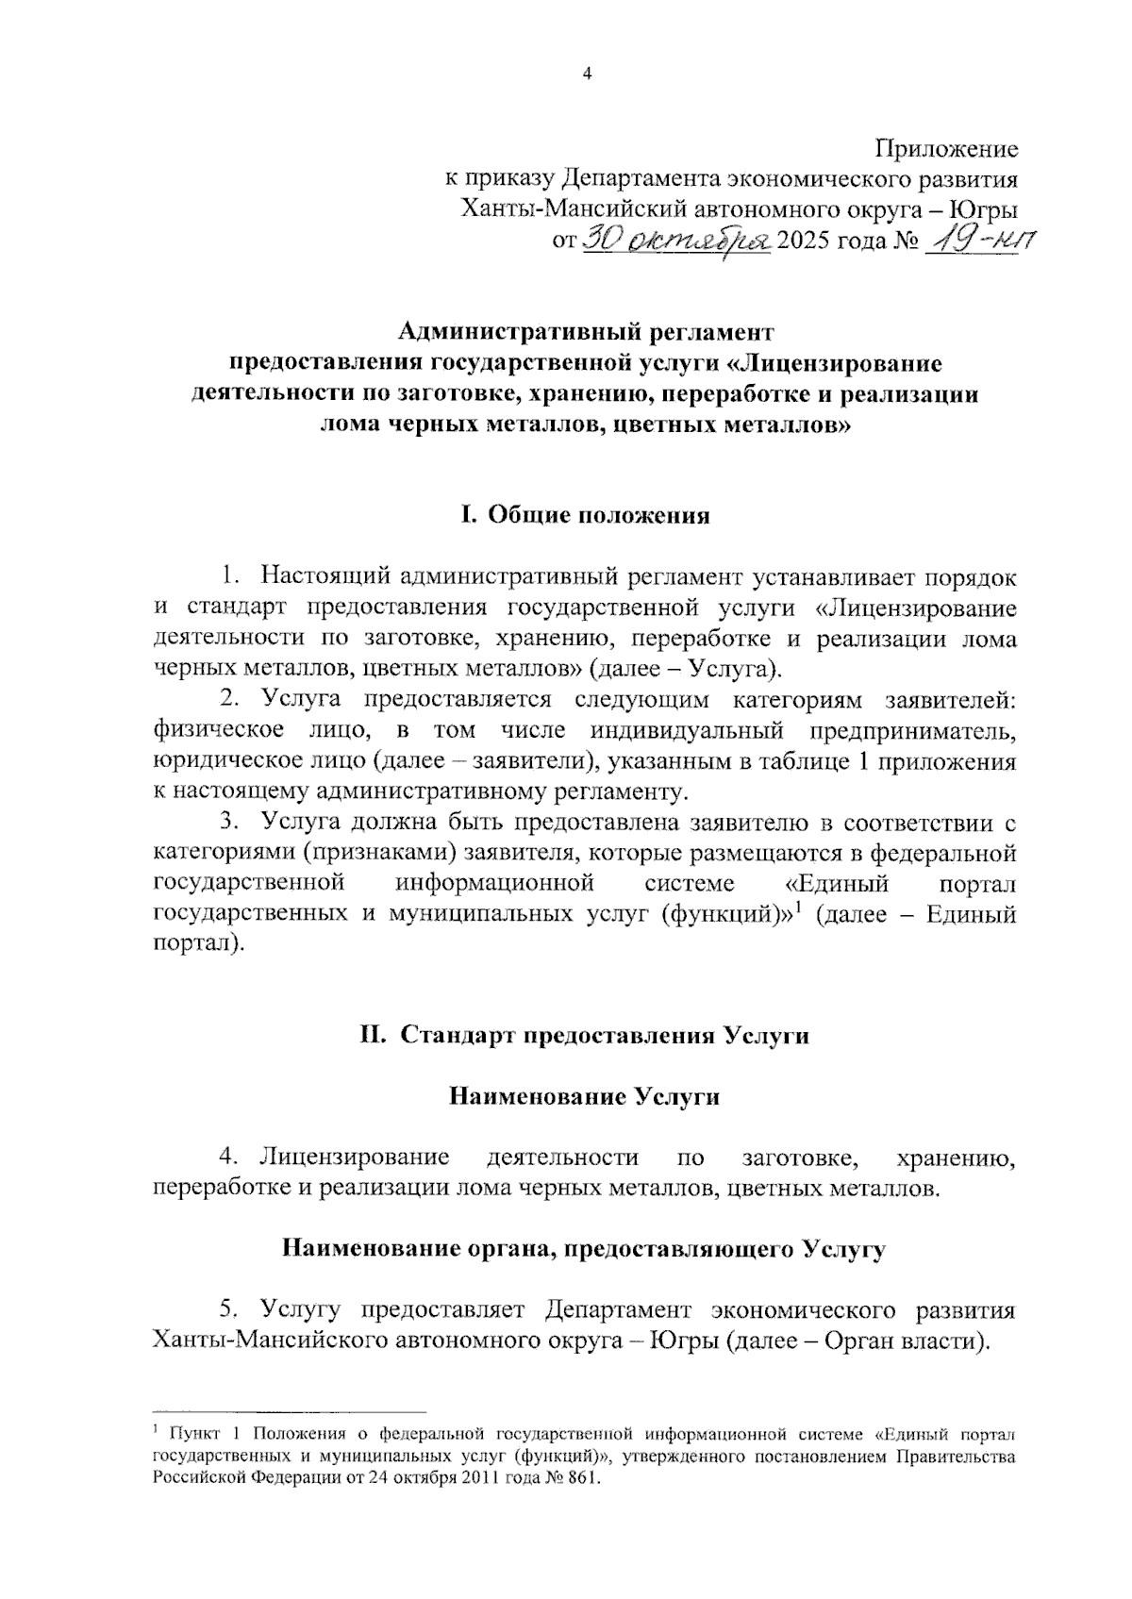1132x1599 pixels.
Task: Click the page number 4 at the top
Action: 588,76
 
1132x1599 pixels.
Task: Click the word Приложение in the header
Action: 946,149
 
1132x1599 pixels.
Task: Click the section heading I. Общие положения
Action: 585,516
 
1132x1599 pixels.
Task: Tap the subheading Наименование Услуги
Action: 585,1096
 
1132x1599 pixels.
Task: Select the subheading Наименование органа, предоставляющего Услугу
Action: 585,1250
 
